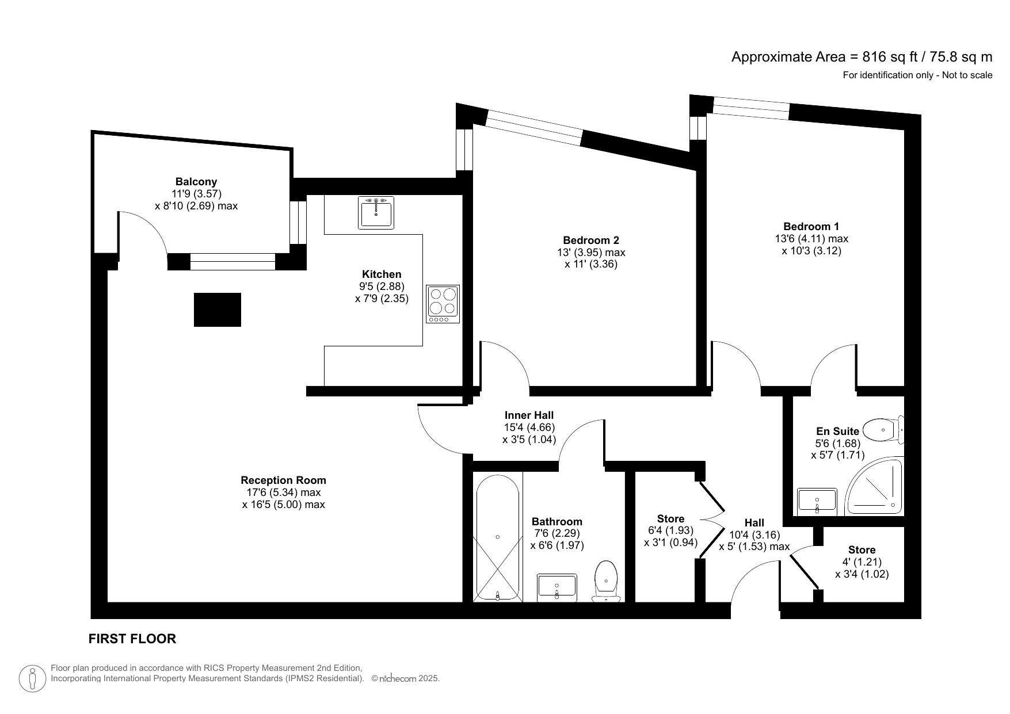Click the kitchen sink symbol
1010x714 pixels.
coord(376,212)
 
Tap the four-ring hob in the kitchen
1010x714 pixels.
coord(443,304)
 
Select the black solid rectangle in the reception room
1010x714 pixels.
coord(217,310)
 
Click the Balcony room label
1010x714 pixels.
coord(196,182)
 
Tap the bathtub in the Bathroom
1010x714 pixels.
coord(497,537)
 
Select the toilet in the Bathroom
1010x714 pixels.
coord(606,581)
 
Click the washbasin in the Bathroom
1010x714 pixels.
coord(557,587)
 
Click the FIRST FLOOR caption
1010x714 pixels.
coord(132,639)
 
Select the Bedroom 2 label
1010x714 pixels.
coord(591,240)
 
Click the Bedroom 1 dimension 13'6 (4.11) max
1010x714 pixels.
coord(811,238)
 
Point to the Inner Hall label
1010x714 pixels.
coord(529,415)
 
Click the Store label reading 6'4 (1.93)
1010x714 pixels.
coord(670,530)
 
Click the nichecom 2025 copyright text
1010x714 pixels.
coord(406,679)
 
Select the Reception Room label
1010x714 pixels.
coord(283,480)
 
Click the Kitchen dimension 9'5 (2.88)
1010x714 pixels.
coord(382,286)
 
